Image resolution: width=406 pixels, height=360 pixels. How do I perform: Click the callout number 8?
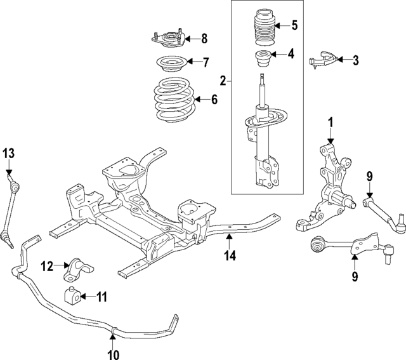(204, 38)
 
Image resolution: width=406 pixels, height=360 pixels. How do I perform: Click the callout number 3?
(355, 60)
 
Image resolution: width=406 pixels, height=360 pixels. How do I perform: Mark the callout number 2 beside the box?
(223, 81)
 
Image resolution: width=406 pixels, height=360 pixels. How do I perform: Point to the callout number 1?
(330, 121)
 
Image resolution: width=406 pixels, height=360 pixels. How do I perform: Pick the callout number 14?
(230, 255)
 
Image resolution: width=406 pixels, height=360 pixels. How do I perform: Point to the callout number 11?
(101, 297)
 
